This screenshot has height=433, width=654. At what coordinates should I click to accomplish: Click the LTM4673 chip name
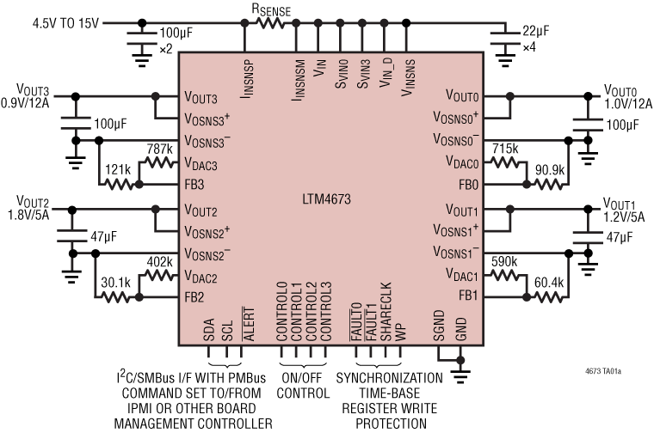[x=327, y=201]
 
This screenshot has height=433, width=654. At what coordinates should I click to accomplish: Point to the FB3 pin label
[x=194, y=183]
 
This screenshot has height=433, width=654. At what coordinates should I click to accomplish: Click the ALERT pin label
[x=250, y=322]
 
